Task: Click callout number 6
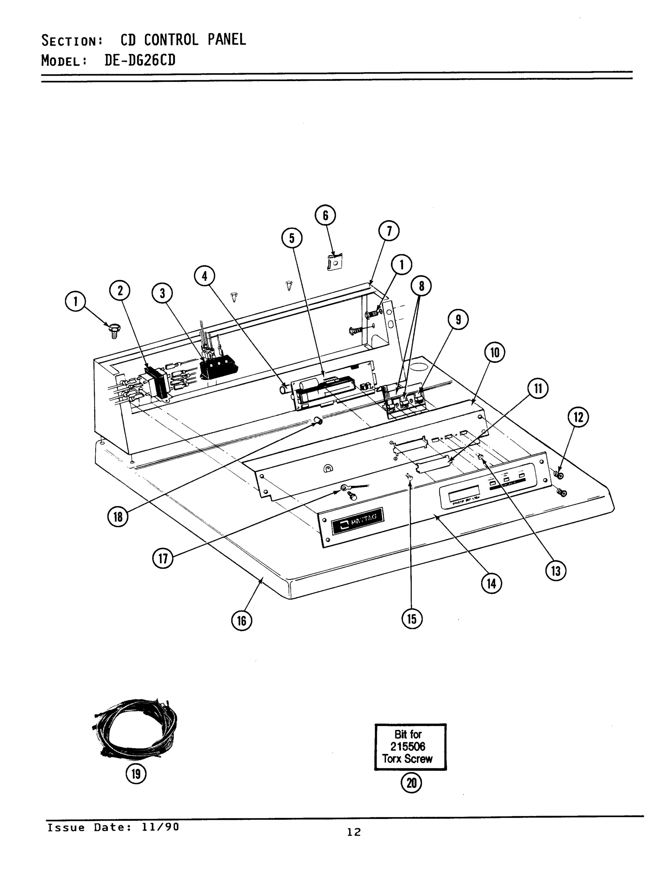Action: tap(325, 215)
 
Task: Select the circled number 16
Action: tap(242, 621)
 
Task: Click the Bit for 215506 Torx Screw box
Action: tap(410, 747)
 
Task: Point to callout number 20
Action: tap(411, 783)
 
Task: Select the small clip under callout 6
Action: tap(335, 262)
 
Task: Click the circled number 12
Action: tap(578, 417)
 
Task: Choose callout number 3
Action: tap(162, 294)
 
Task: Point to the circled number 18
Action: tap(118, 516)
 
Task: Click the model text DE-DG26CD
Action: tap(140, 60)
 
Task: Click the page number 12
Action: tap(354, 832)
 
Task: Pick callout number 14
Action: tap(491, 583)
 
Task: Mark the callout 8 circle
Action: tap(421, 286)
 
